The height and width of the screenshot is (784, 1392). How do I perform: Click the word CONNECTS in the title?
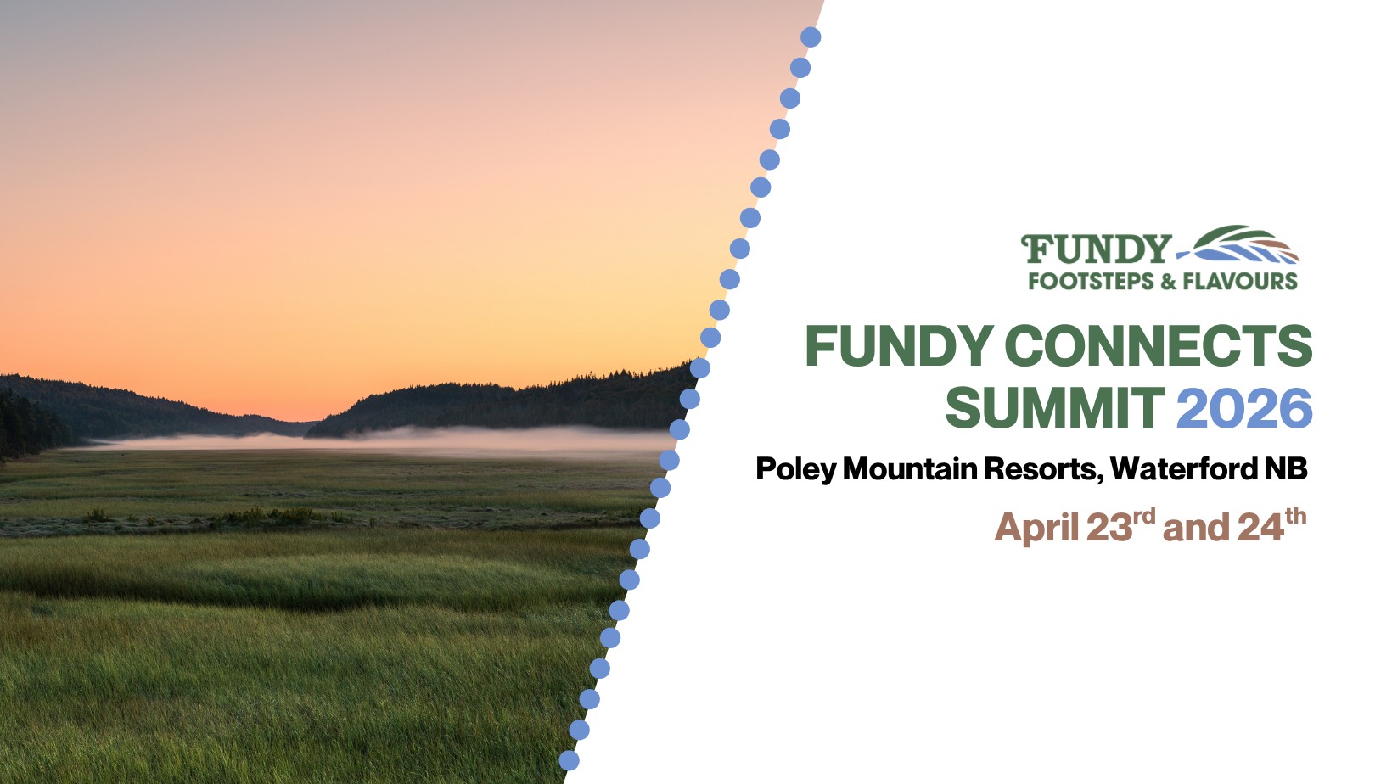1158,345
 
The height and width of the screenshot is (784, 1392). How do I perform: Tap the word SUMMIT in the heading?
1054,407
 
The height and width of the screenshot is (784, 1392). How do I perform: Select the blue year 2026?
1244,407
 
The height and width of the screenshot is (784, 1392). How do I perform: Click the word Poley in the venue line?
796,469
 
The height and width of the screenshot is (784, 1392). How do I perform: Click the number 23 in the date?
1109,528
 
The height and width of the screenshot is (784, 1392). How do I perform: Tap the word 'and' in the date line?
1196,528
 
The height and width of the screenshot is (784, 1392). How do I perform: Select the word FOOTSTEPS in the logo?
1092,282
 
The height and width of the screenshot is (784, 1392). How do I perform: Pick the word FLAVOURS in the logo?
1240,282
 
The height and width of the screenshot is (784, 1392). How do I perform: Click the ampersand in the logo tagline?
1168,282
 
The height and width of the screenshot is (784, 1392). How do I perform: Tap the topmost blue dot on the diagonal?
811,37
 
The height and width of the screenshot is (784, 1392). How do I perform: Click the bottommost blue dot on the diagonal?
569,760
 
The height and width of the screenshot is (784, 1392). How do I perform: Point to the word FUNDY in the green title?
899,345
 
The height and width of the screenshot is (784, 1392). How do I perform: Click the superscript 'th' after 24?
1296,516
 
